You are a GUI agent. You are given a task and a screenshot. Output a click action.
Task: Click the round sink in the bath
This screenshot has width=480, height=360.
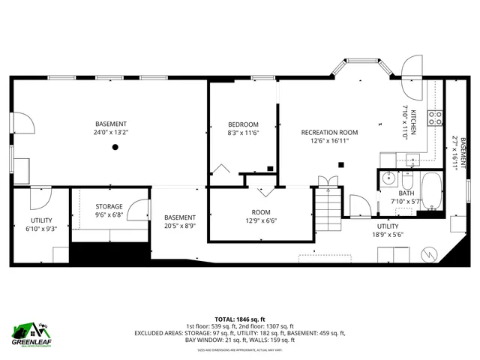(x=387, y=179)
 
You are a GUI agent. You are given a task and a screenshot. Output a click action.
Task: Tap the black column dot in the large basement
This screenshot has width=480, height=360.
(x=115, y=147)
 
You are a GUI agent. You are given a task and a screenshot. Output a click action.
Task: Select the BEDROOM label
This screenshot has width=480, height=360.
(x=244, y=124)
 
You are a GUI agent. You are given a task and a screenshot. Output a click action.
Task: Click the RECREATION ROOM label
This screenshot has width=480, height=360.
(x=325, y=132)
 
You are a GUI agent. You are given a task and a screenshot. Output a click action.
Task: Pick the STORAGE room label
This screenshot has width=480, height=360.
(x=109, y=206)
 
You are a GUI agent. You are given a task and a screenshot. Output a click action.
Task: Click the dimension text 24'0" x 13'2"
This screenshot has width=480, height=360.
(x=111, y=132)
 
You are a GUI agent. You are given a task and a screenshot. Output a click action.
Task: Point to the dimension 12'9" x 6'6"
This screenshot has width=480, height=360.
(x=261, y=220)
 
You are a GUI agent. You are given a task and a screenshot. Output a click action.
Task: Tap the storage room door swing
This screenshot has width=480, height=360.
(x=137, y=211)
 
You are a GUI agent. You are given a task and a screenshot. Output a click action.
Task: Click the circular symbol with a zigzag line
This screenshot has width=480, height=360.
(x=428, y=253)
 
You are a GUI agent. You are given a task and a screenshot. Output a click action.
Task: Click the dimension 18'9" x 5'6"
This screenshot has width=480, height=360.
(x=388, y=234)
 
